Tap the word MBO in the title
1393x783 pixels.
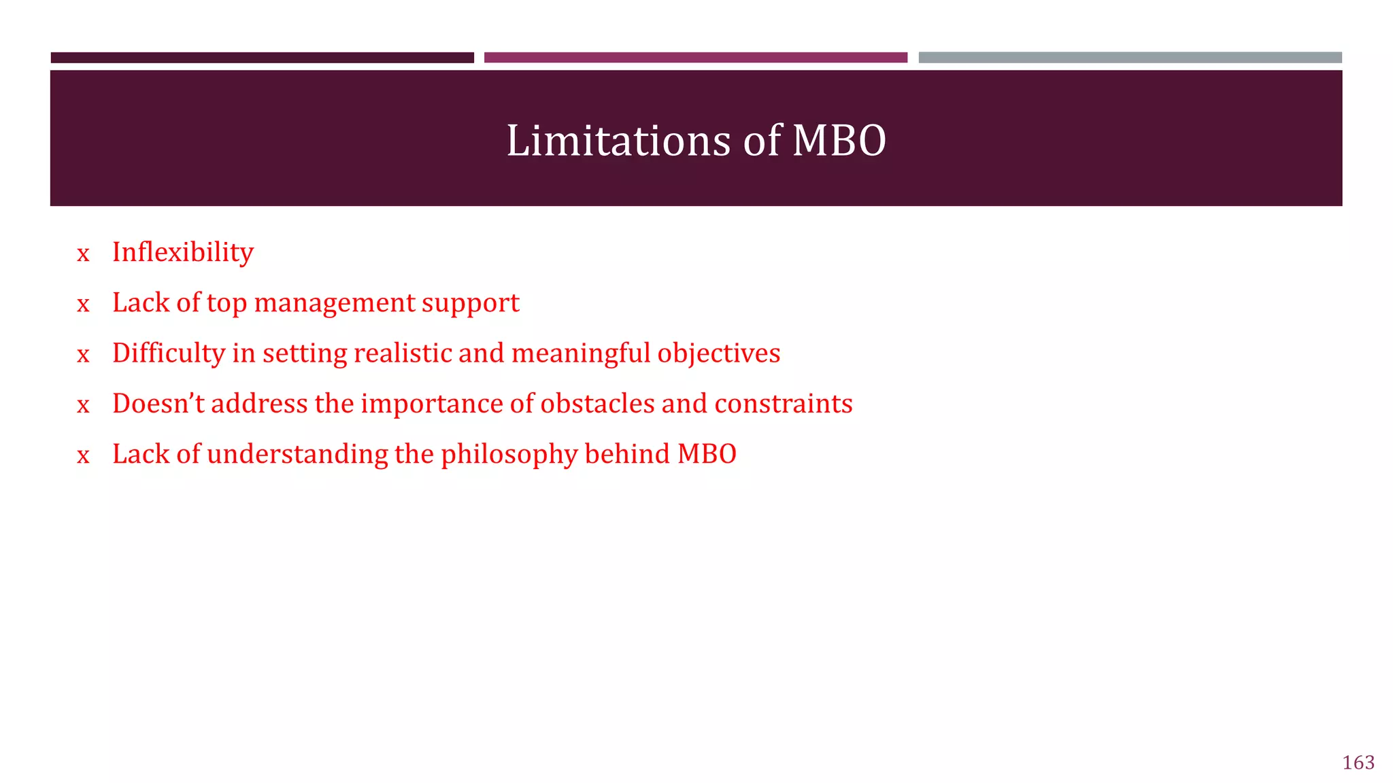[x=839, y=141]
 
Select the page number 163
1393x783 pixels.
[x=1358, y=763]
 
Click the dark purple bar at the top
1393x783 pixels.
[x=262, y=58]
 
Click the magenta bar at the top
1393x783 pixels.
[x=695, y=58]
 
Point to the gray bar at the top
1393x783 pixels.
[x=1130, y=58]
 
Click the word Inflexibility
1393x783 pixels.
[x=182, y=252]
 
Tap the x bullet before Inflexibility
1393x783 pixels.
[x=83, y=254]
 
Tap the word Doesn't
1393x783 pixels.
[x=158, y=404]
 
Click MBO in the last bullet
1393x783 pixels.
[x=707, y=454]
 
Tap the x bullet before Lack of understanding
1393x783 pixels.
[x=83, y=456]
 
